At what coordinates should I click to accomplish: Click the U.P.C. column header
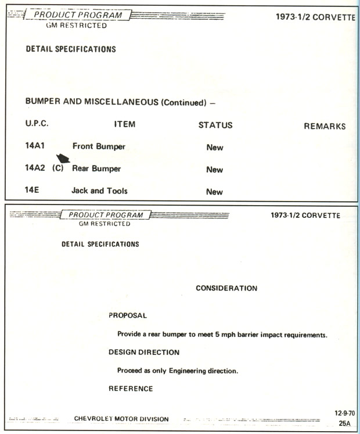pos(37,124)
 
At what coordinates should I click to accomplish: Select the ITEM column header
pos(124,124)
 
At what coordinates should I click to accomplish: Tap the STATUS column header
pos(215,125)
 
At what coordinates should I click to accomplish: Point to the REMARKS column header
pos(324,126)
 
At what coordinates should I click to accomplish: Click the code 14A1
pos(35,146)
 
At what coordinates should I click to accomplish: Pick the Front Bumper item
pos(98,146)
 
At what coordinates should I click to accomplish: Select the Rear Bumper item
pos(96,168)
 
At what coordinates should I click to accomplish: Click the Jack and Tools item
pos(99,191)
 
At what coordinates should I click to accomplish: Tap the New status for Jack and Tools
pos(214,192)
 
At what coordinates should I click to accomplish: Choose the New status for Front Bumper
pos(214,148)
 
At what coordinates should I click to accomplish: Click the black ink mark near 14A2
pos(63,157)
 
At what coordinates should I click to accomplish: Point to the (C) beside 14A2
pos(57,168)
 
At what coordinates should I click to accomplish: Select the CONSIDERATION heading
pos(226,288)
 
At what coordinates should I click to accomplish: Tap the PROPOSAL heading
pos(128,315)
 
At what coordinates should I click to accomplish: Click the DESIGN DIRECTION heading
pos(144,352)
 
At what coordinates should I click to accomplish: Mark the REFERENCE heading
pos(131,389)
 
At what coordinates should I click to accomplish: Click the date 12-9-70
pos(344,413)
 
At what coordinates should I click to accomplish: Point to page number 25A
pos(344,424)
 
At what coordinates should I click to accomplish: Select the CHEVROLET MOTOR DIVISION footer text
pos(121,419)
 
